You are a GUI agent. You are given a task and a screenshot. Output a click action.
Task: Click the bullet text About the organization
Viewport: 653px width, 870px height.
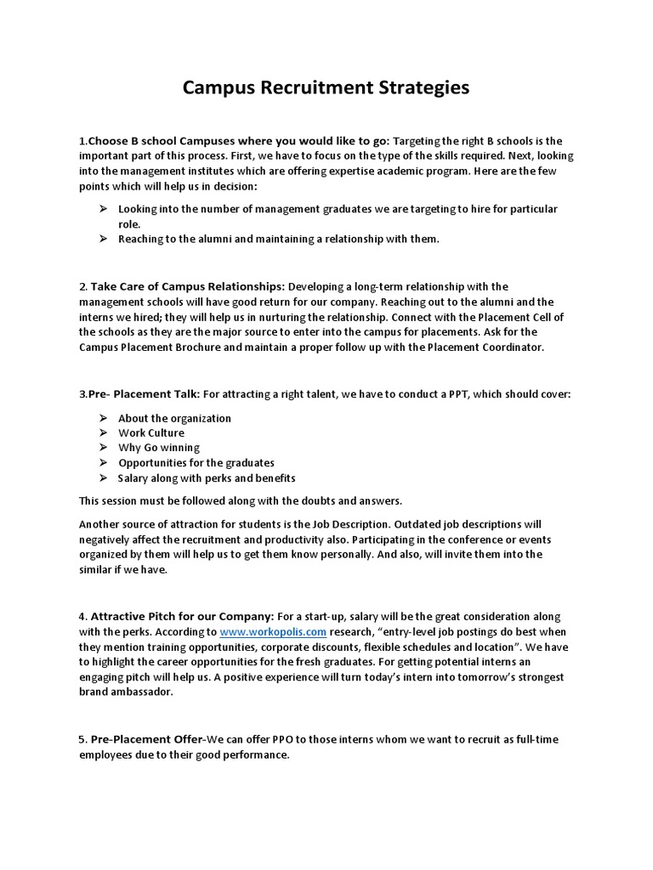click(174, 418)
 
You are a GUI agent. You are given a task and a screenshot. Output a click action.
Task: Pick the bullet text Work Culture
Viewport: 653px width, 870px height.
click(151, 432)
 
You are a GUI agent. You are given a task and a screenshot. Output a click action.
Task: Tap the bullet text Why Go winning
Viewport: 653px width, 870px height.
click(159, 448)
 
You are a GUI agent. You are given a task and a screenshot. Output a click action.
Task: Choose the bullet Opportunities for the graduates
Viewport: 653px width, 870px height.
click(196, 463)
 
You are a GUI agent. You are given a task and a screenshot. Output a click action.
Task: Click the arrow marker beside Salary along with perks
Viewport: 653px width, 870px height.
click(102, 478)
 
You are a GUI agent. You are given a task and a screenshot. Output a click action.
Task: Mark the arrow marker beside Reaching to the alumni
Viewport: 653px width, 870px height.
click(102, 239)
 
